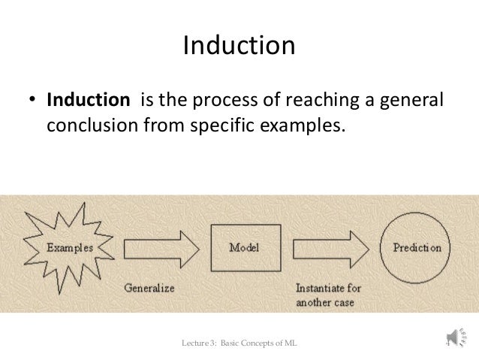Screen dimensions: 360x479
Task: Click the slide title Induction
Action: pos(239,47)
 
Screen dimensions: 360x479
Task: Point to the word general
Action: pos(410,99)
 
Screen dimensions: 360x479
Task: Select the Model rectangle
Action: pos(245,247)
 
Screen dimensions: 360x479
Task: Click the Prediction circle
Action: pos(417,247)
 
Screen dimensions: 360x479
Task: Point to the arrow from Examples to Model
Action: pos(160,247)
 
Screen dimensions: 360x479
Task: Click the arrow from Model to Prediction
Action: pos(331,247)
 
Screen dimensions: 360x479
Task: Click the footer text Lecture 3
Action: pos(200,343)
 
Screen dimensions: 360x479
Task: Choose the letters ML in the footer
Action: pos(288,343)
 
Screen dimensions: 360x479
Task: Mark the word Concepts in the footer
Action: pos(256,343)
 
